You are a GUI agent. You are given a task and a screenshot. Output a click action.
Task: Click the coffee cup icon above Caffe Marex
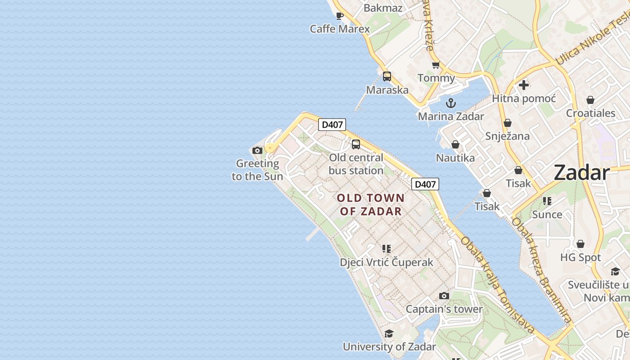(340, 16)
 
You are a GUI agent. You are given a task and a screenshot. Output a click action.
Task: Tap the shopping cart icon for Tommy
(436, 65)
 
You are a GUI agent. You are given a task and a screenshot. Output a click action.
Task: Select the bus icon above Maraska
(387, 76)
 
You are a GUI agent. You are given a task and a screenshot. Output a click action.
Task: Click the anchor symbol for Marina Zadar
(450, 103)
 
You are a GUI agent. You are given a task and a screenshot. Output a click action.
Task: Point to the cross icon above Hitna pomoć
(523, 85)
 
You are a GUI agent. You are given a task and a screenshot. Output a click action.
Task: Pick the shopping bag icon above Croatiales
(590, 100)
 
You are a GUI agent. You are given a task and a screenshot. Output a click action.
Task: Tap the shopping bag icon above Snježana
(508, 123)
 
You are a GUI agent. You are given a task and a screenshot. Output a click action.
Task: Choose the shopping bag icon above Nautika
(455, 145)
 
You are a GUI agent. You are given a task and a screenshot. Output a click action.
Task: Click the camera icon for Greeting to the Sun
(257, 150)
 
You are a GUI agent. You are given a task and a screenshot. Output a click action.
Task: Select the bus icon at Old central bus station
(356, 144)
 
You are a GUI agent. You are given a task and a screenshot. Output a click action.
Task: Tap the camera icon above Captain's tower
(444, 296)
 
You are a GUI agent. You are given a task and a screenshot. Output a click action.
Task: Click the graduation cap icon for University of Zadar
(389, 333)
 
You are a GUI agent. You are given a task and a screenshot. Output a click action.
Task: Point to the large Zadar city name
(581, 172)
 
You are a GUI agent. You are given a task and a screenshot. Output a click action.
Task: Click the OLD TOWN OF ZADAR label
(371, 204)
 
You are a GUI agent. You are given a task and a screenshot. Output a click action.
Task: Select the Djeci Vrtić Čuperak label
(387, 262)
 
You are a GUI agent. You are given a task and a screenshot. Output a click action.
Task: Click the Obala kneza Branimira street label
(542, 270)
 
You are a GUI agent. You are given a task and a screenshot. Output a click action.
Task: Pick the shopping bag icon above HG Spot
(580, 244)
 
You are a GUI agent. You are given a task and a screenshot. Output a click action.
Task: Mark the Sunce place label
(547, 214)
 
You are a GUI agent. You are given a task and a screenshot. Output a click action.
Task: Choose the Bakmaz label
(382, 8)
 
